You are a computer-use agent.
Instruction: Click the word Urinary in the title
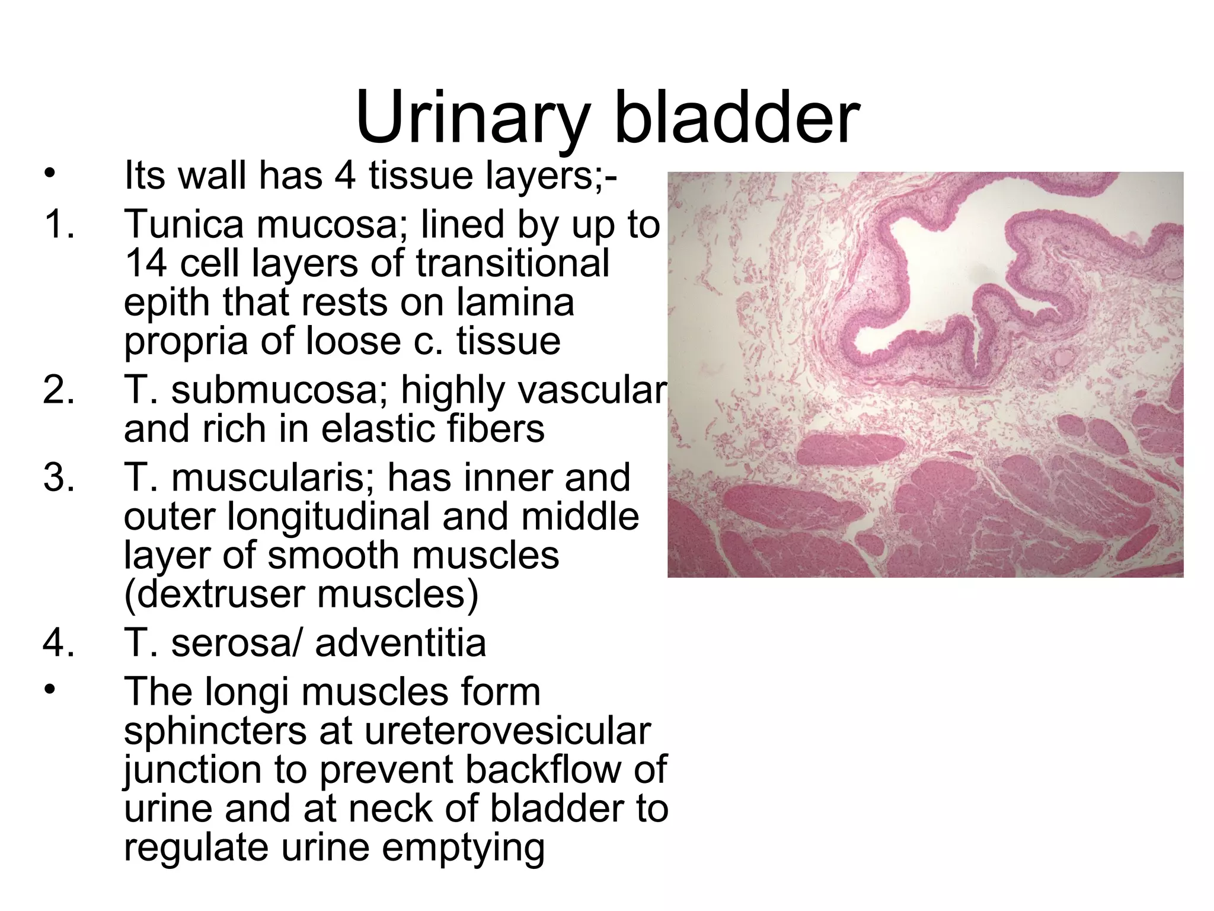coord(472,119)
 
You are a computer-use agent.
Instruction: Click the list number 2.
coord(59,390)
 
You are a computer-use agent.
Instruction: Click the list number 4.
coord(59,643)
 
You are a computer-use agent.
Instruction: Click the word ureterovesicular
coord(507,731)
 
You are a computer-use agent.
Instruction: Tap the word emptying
coord(463,848)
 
